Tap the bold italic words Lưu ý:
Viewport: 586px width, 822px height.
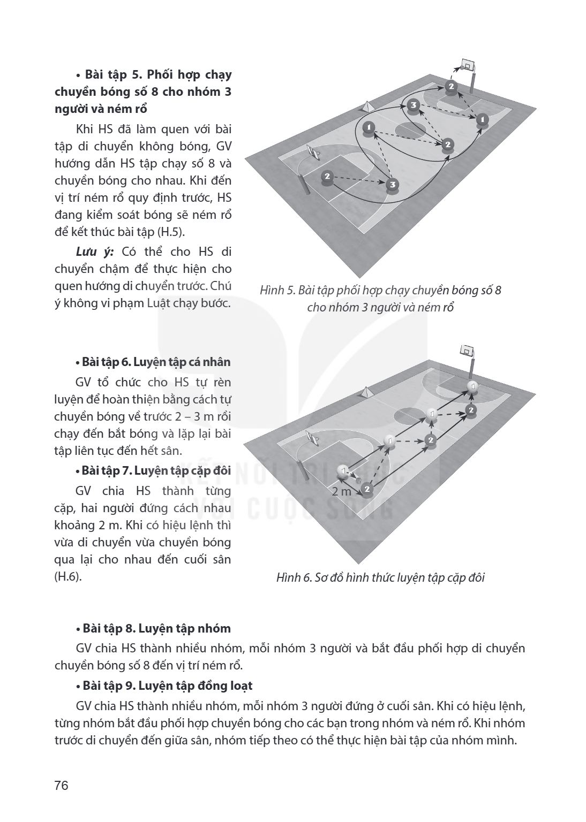pyautogui.click(x=95, y=252)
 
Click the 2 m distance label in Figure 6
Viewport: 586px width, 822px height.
pyautogui.click(x=341, y=491)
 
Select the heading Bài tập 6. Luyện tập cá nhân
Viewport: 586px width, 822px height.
pyautogui.click(x=153, y=362)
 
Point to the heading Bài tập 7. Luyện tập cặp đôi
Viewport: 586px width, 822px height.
pyautogui.click(x=153, y=471)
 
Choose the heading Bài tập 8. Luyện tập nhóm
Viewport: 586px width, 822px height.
pyautogui.click(x=153, y=629)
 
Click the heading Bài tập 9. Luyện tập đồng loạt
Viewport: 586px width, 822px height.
pyautogui.click(x=164, y=686)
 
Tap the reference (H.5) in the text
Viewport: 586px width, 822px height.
pyautogui.click(x=170, y=233)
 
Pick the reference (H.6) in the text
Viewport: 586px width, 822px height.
pyautogui.click(x=67, y=577)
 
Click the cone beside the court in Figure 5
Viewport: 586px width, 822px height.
pyautogui.click(x=367, y=107)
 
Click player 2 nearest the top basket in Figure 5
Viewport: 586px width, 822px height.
pyautogui.click(x=451, y=87)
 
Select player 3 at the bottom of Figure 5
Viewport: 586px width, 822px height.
pyautogui.click(x=393, y=185)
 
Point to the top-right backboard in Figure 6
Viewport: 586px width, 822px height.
pyautogui.click(x=467, y=351)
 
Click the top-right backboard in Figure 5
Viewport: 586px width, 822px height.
pyautogui.click(x=468, y=64)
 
